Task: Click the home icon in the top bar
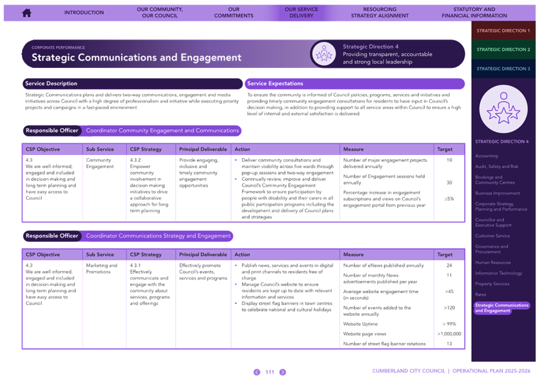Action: [27, 13]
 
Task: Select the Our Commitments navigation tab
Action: [234, 12]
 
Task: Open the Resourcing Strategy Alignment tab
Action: [380, 12]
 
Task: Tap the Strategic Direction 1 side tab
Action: [503, 31]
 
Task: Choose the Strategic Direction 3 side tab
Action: [503, 68]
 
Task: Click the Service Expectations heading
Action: [275, 84]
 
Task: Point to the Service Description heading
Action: [51, 84]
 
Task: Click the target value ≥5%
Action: [449, 199]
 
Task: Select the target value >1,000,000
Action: [449, 334]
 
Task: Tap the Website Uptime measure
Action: [360, 324]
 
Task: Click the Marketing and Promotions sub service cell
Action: [101, 269]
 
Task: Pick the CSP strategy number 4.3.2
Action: [136, 160]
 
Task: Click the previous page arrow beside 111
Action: [257, 372]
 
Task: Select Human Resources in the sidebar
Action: [493, 262]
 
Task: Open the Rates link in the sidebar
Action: [480, 295]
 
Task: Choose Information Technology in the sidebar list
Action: [498, 273]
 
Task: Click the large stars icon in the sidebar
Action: [503, 109]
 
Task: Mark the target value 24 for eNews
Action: [449, 266]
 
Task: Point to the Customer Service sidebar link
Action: [492, 236]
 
